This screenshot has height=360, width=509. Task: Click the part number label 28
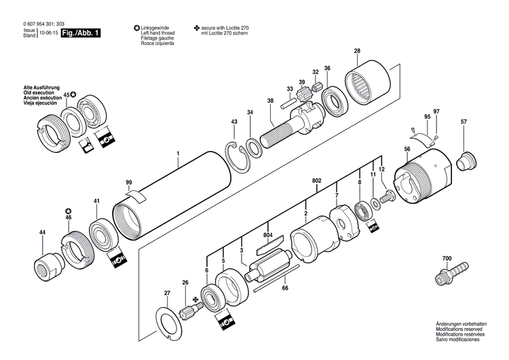(357, 52)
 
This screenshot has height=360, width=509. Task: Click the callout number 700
(446, 259)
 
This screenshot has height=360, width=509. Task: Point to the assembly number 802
(316, 181)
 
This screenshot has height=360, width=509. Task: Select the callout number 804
(269, 235)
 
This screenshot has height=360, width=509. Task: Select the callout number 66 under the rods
(284, 289)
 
